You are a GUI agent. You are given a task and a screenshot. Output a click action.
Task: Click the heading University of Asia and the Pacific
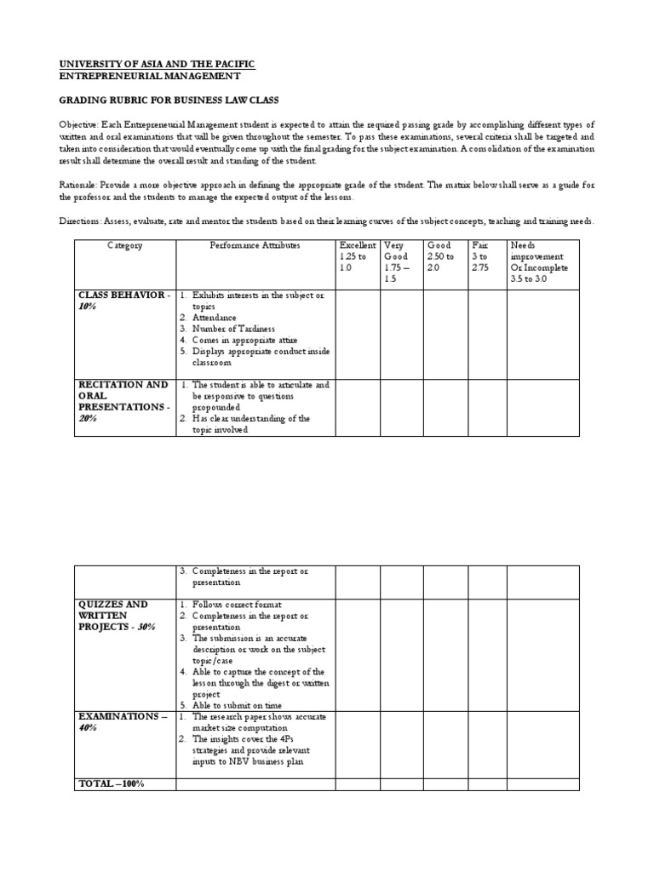point(157,65)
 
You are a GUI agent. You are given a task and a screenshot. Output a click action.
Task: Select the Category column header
point(124,245)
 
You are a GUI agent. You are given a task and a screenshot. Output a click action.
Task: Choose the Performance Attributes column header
point(255,245)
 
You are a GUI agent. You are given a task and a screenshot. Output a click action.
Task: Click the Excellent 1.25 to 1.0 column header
point(357,255)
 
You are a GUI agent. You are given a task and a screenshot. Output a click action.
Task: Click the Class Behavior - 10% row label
point(123,301)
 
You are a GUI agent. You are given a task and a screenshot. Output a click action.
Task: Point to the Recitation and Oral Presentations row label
point(123,401)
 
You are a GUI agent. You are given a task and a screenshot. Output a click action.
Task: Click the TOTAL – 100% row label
point(112,783)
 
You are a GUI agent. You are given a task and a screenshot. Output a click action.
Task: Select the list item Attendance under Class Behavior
point(214,318)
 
